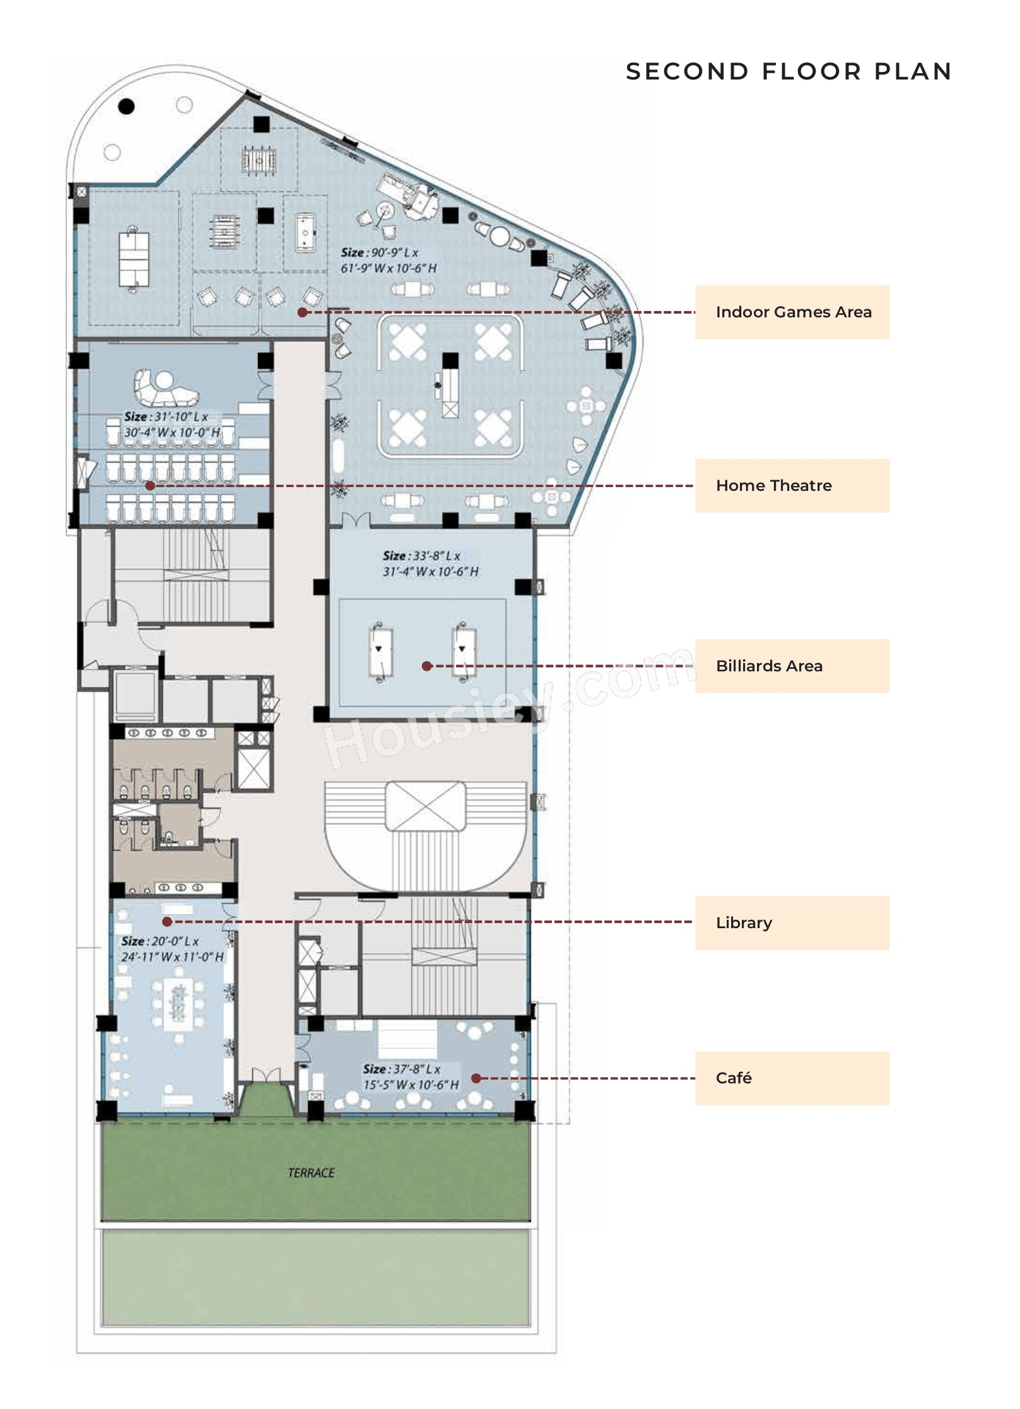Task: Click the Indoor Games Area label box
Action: coord(792,312)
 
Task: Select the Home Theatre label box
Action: coord(792,485)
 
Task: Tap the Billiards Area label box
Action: coord(792,666)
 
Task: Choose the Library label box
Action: coord(792,923)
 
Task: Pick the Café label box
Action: coord(792,1078)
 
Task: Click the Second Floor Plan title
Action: coord(788,71)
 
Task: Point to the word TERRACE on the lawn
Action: coord(311,1173)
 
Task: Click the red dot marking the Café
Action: coord(476,1078)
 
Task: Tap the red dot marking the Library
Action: coord(167,922)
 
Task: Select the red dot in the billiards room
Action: coord(427,666)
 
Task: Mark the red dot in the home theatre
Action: coord(150,485)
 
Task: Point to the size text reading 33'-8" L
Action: coord(421,556)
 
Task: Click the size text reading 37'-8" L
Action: coord(402,1069)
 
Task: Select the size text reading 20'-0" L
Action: coord(160,941)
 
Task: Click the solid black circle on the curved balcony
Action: coord(127,106)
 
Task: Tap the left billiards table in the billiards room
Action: coord(381,652)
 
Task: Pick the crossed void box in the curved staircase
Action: coord(425,806)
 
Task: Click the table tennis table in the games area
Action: coord(134,259)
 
